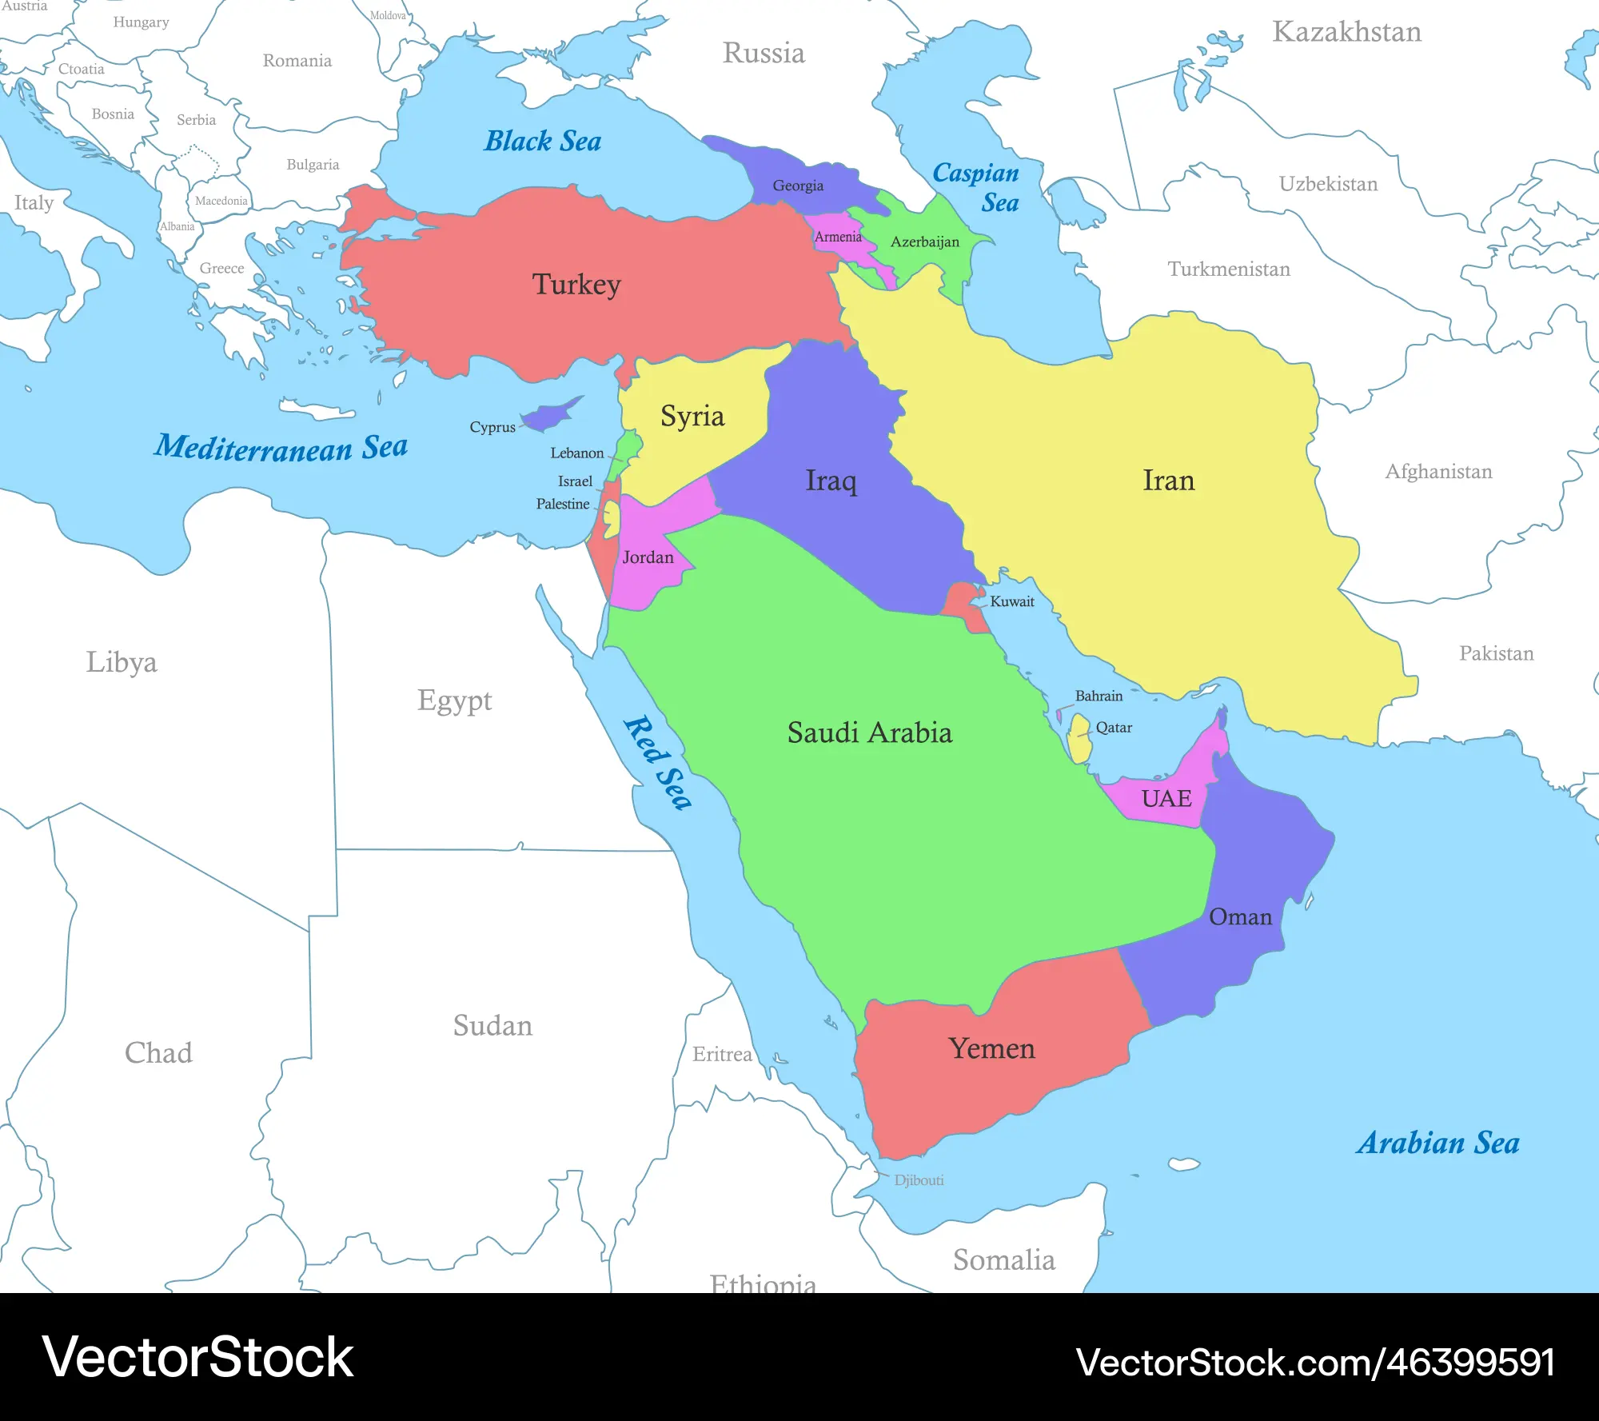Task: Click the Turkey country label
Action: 576,285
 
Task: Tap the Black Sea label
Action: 543,142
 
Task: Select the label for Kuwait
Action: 1012,601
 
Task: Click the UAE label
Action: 1166,798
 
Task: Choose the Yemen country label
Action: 991,1048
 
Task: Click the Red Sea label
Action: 658,763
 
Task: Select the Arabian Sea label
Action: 1438,1143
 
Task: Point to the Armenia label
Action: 838,237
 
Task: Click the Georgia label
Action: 797,186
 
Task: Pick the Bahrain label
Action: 1099,696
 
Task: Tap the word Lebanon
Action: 576,453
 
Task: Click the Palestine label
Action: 563,504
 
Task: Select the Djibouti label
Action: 919,1180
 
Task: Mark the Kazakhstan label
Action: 1346,32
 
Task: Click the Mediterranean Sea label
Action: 281,447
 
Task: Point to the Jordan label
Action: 648,557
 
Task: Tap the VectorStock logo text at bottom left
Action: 197,1358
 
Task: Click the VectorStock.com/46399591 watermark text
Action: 1315,1363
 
